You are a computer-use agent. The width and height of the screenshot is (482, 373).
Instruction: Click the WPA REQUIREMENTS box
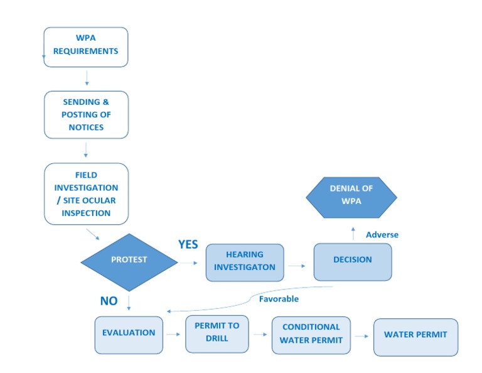tap(86, 46)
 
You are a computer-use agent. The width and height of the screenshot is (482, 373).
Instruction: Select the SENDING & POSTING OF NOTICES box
tap(86, 114)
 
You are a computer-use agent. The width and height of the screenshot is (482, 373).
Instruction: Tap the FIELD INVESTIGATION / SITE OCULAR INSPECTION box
tap(86, 194)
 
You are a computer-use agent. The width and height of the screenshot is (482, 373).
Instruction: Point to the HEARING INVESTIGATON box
tap(245, 261)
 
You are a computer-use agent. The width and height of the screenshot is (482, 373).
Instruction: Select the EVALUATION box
tap(129, 335)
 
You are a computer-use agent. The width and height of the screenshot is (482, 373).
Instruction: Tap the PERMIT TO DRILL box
tap(217, 334)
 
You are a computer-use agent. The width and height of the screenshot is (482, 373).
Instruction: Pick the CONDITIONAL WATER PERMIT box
tap(311, 335)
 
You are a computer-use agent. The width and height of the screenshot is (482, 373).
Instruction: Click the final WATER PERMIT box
tap(415, 337)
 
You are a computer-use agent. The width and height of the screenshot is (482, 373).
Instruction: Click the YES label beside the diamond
tap(188, 245)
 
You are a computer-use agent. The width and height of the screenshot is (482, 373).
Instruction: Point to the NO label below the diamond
tap(109, 301)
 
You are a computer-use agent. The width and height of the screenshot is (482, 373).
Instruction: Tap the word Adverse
tap(382, 235)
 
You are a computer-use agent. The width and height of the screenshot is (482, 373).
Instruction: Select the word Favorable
tap(279, 299)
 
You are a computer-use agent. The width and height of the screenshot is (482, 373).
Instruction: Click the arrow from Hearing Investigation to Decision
tap(297, 266)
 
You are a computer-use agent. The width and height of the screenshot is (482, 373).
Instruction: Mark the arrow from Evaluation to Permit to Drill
tap(173, 335)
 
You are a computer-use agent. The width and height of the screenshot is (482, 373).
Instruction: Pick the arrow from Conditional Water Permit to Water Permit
tap(360, 337)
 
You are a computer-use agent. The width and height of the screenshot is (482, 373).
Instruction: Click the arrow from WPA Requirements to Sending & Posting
tap(87, 78)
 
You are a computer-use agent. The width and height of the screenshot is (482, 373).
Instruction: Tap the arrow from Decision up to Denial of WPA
tap(353, 232)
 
